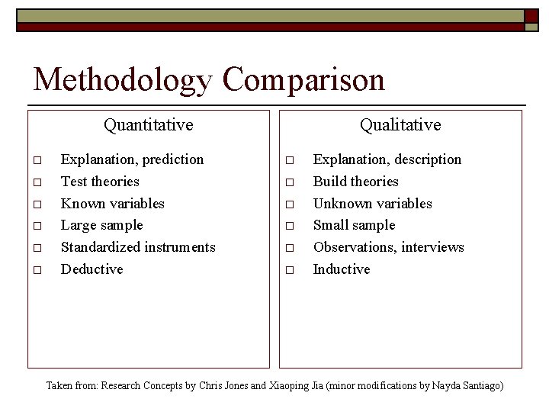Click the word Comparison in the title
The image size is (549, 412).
(x=304, y=79)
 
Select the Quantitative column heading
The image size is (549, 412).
(x=149, y=124)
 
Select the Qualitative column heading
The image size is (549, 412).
(x=400, y=124)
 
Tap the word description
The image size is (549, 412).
(x=425, y=159)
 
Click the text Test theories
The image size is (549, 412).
(x=100, y=182)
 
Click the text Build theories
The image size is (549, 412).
(x=356, y=182)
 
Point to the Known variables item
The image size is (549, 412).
(x=112, y=204)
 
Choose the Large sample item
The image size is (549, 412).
(x=101, y=225)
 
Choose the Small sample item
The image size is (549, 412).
(x=355, y=225)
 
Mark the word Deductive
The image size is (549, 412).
(x=91, y=269)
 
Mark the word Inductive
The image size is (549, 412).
(x=342, y=269)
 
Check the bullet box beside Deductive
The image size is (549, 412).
(x=36, y=270)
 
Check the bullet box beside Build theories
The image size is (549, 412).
(x=289, y=182)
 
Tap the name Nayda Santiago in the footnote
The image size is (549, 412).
(x=471, y=386)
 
